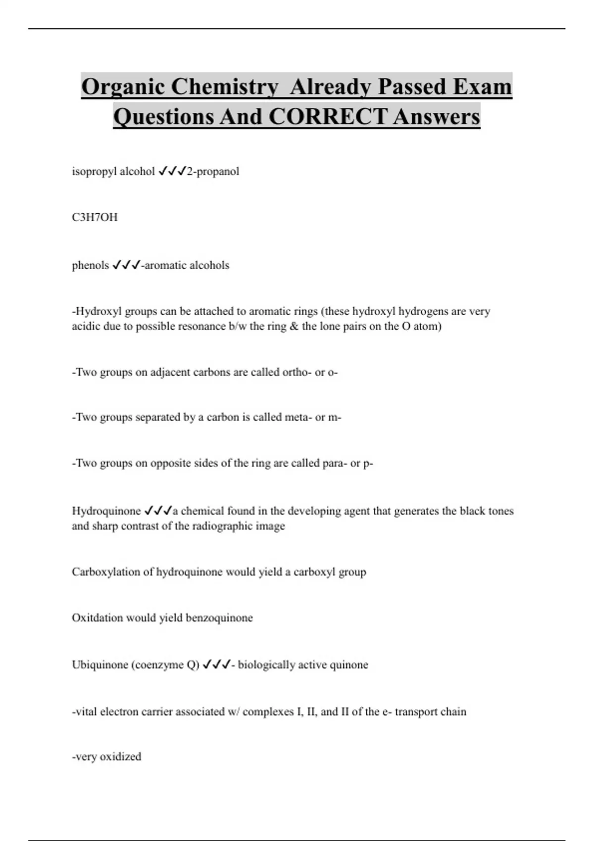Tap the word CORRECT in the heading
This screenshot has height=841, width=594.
click(x=330, y=117)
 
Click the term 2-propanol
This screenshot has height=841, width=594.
click(x=213, y=171)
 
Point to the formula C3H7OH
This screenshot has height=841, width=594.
click(x=95, y=217)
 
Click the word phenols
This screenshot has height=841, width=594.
click(x=90, y=265)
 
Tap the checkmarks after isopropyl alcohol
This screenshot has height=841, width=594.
click(x=171, y=171)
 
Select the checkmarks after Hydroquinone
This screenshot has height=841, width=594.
click(x=158, y=511)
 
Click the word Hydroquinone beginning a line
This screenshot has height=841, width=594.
click(x=106, y=511)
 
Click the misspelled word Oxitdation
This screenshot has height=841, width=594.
click(x=97, y=618)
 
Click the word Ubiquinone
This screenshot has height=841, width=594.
click(x=100, y=664)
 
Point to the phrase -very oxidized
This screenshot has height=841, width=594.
click(x=106, y=756)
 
